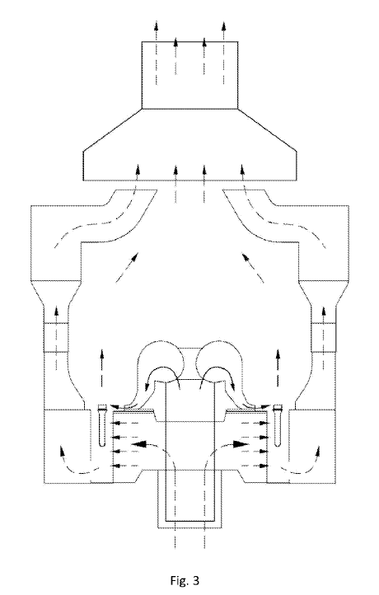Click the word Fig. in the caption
(x=177, y=580)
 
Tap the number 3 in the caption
(x=195, y=580)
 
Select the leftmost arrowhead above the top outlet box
(x=156, y=26)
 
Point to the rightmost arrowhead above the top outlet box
(x=224, y=26)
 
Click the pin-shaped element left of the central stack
(x=102, y=425)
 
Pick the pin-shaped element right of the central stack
(x=278, y=425)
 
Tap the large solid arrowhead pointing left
(x=139, y=443)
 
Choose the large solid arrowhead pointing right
(x=241, y=443)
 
